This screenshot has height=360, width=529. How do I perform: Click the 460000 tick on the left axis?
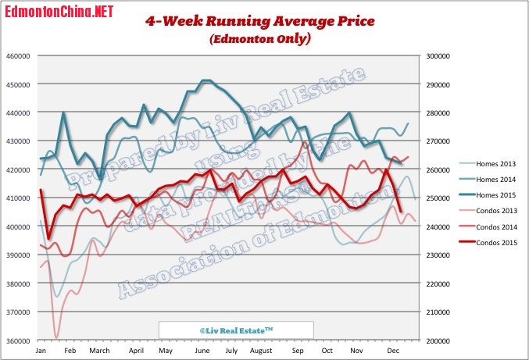tap(17, 56)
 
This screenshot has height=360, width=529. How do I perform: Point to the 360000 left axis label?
tap(17, 341)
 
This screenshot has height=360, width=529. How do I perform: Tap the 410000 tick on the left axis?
tap(17, 199)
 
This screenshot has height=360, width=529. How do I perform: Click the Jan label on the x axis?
tap(41, 351)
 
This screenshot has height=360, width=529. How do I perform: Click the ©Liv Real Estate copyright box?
tap(235, 331)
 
